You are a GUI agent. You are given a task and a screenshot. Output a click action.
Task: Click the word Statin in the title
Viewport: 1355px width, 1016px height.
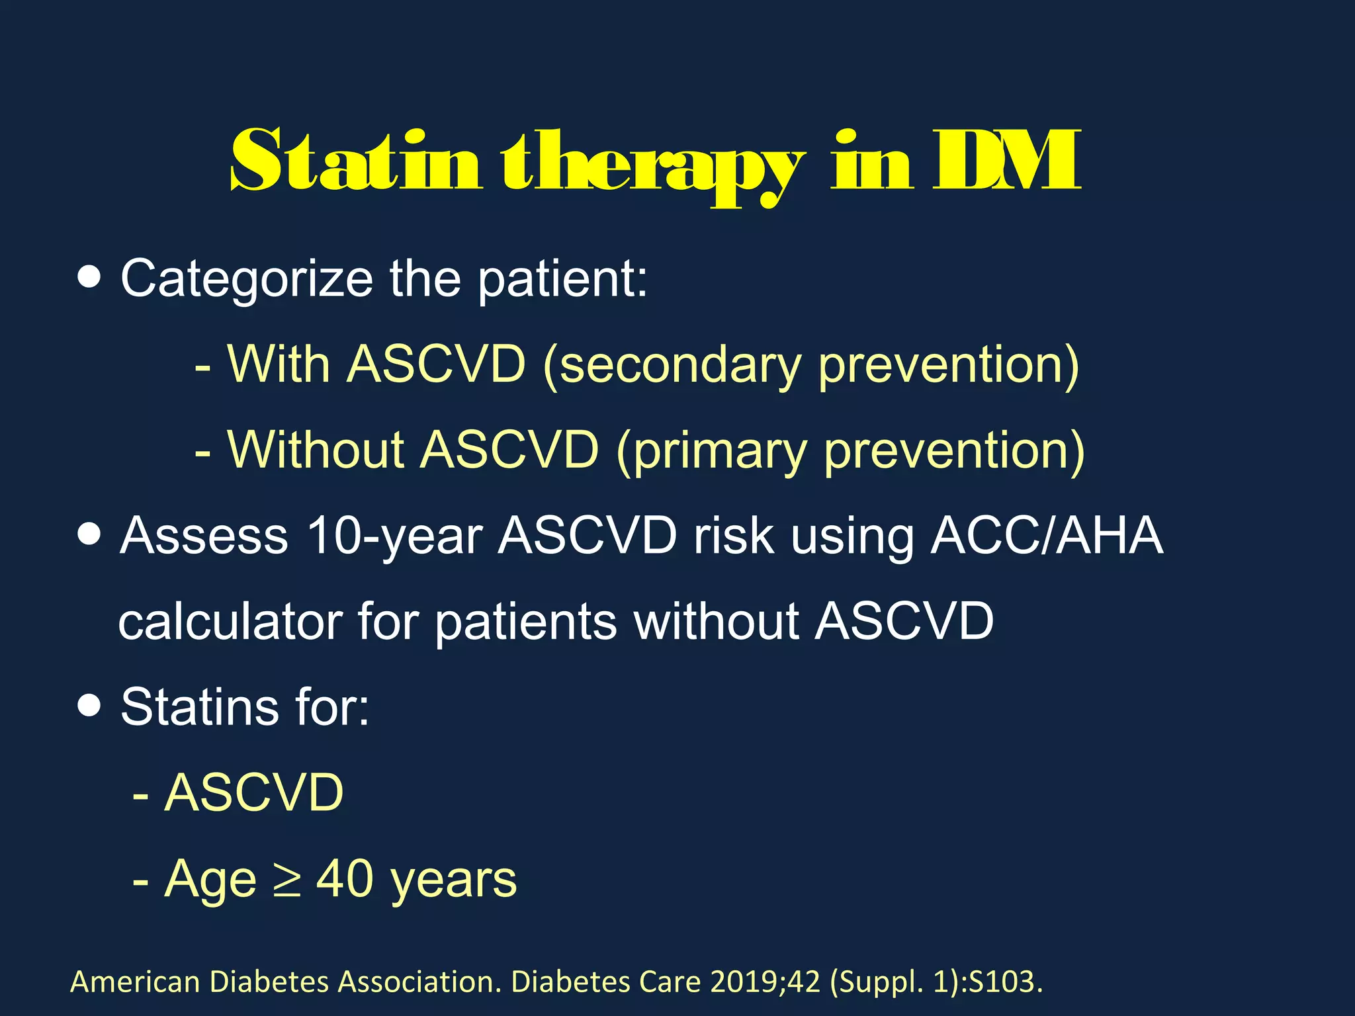click(x=355, y=161)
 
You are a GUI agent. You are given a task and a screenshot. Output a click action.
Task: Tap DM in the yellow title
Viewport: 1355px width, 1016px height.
click(x=1006, y=161)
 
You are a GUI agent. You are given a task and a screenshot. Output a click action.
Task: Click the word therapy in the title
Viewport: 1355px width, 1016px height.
click(x=652, y=165)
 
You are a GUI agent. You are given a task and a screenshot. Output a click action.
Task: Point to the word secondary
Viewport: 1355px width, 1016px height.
click(x=679, y=366)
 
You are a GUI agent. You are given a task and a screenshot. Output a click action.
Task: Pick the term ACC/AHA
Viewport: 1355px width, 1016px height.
click(x=1046, y=535)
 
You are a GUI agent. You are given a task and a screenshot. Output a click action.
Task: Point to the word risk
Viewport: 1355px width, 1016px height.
click(x=733, y=535)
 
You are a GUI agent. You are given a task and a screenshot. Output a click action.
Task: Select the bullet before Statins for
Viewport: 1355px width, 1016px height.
click(x=89, y=706)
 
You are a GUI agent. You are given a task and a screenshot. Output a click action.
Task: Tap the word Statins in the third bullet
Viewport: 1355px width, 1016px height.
click(x=200, y=707)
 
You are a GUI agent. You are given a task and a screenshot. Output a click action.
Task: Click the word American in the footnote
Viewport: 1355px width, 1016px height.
click(x=135, y=982)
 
